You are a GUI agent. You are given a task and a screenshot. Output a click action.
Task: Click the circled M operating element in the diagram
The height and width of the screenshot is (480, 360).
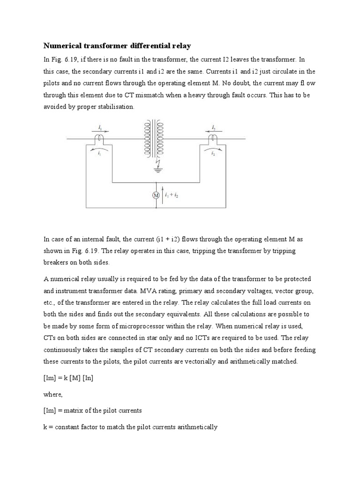[x=156, y=195]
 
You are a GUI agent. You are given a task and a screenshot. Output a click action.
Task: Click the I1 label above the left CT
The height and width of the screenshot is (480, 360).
[x=100, y=127]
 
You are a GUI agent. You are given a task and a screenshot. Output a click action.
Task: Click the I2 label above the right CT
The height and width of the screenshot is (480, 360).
[x=213, y=127]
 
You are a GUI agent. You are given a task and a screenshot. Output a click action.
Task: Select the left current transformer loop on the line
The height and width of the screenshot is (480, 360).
[x=100, y=138]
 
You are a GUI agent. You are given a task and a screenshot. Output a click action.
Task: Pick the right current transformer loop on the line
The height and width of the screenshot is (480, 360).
[x=213, y=138]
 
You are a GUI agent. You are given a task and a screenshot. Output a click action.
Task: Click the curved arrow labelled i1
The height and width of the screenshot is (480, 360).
[x=100, y=150]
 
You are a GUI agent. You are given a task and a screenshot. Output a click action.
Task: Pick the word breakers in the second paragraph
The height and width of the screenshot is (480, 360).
[x=56, y=262]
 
